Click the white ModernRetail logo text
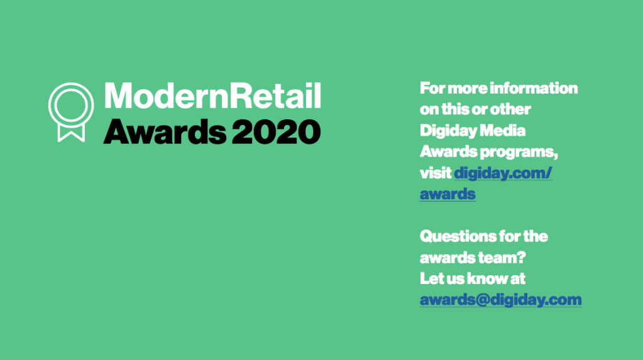[212, 95]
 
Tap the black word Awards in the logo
[165, 131]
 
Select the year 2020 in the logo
[276, 131]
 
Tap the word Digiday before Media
[448, 131]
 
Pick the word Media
[502, 131]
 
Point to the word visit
[436, 173]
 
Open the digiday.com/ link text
[503, 173]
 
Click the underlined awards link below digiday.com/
[448, 194]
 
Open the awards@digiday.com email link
[501, 300]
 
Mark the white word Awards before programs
[448, 151]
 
